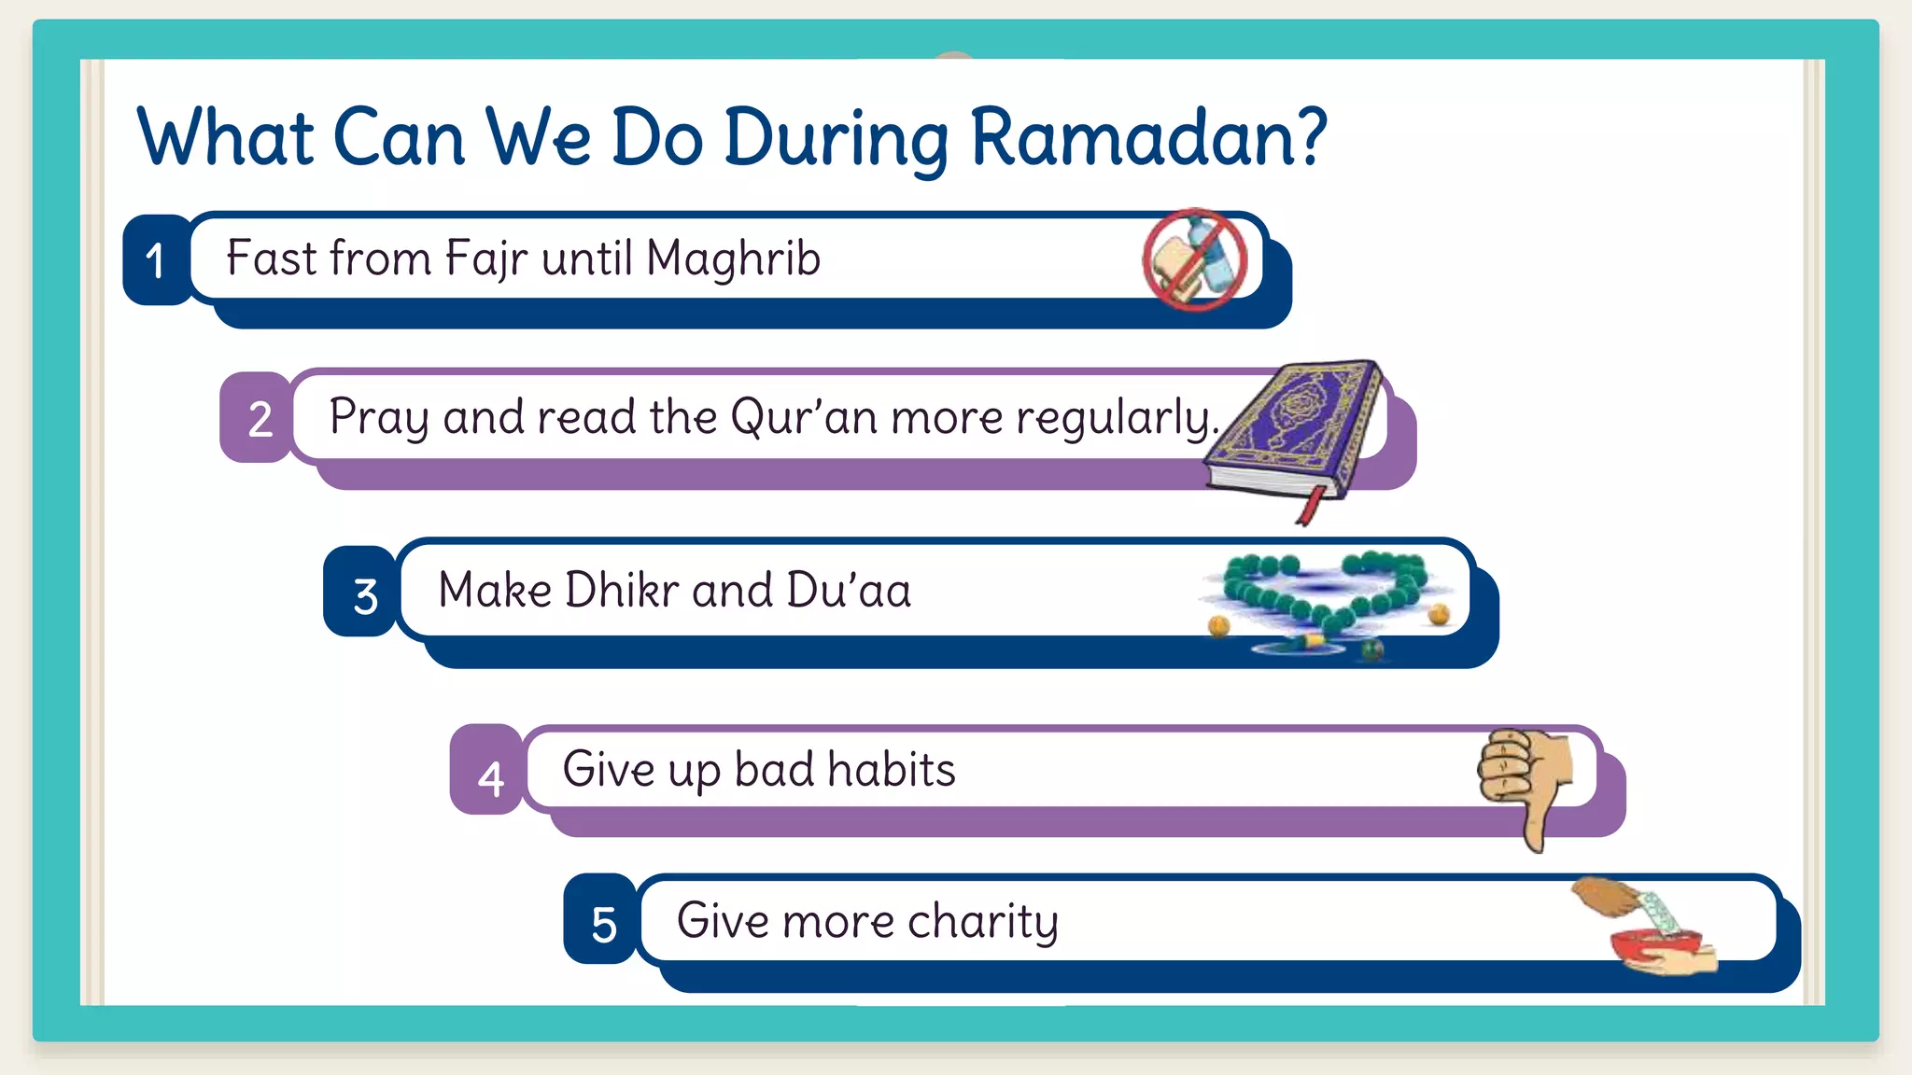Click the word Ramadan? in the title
pos(1148,137)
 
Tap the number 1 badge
pos(156,260)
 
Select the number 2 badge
pos(259,418)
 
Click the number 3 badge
pos(364,593)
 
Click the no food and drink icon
pos(1195,259)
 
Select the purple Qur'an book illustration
pos(1293,429)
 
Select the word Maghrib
pos(733,258)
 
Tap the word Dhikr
pos(622,590)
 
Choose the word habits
pos(891,770)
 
